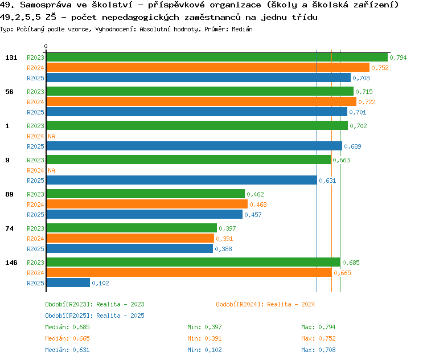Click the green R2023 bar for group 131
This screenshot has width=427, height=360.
pos(216,58)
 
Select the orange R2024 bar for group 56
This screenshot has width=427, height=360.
pos(201,102)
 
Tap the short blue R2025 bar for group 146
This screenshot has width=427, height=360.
pos(68,283)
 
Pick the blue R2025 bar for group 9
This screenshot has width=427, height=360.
pos(181,181)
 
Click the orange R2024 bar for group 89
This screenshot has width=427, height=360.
pos(146,204)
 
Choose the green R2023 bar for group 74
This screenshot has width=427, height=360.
pos(131,228)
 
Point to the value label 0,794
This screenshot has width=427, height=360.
pos(398,58)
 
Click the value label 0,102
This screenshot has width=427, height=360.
pos(100,283)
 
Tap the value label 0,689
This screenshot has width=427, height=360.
pos(352,146)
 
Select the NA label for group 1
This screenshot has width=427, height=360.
pos(51,136)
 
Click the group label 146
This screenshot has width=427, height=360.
pos(11,263)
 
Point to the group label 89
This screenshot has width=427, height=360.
pos(9,194)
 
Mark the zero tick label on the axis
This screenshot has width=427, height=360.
pos(46,47)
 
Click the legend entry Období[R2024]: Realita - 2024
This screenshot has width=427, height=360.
pos(265,304)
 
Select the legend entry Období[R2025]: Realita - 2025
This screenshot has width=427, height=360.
pos(95,316)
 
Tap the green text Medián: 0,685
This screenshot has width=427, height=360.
pos(67,327)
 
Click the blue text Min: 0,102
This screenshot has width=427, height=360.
pos(204,350)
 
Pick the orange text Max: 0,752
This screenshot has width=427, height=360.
pos(318,338)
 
